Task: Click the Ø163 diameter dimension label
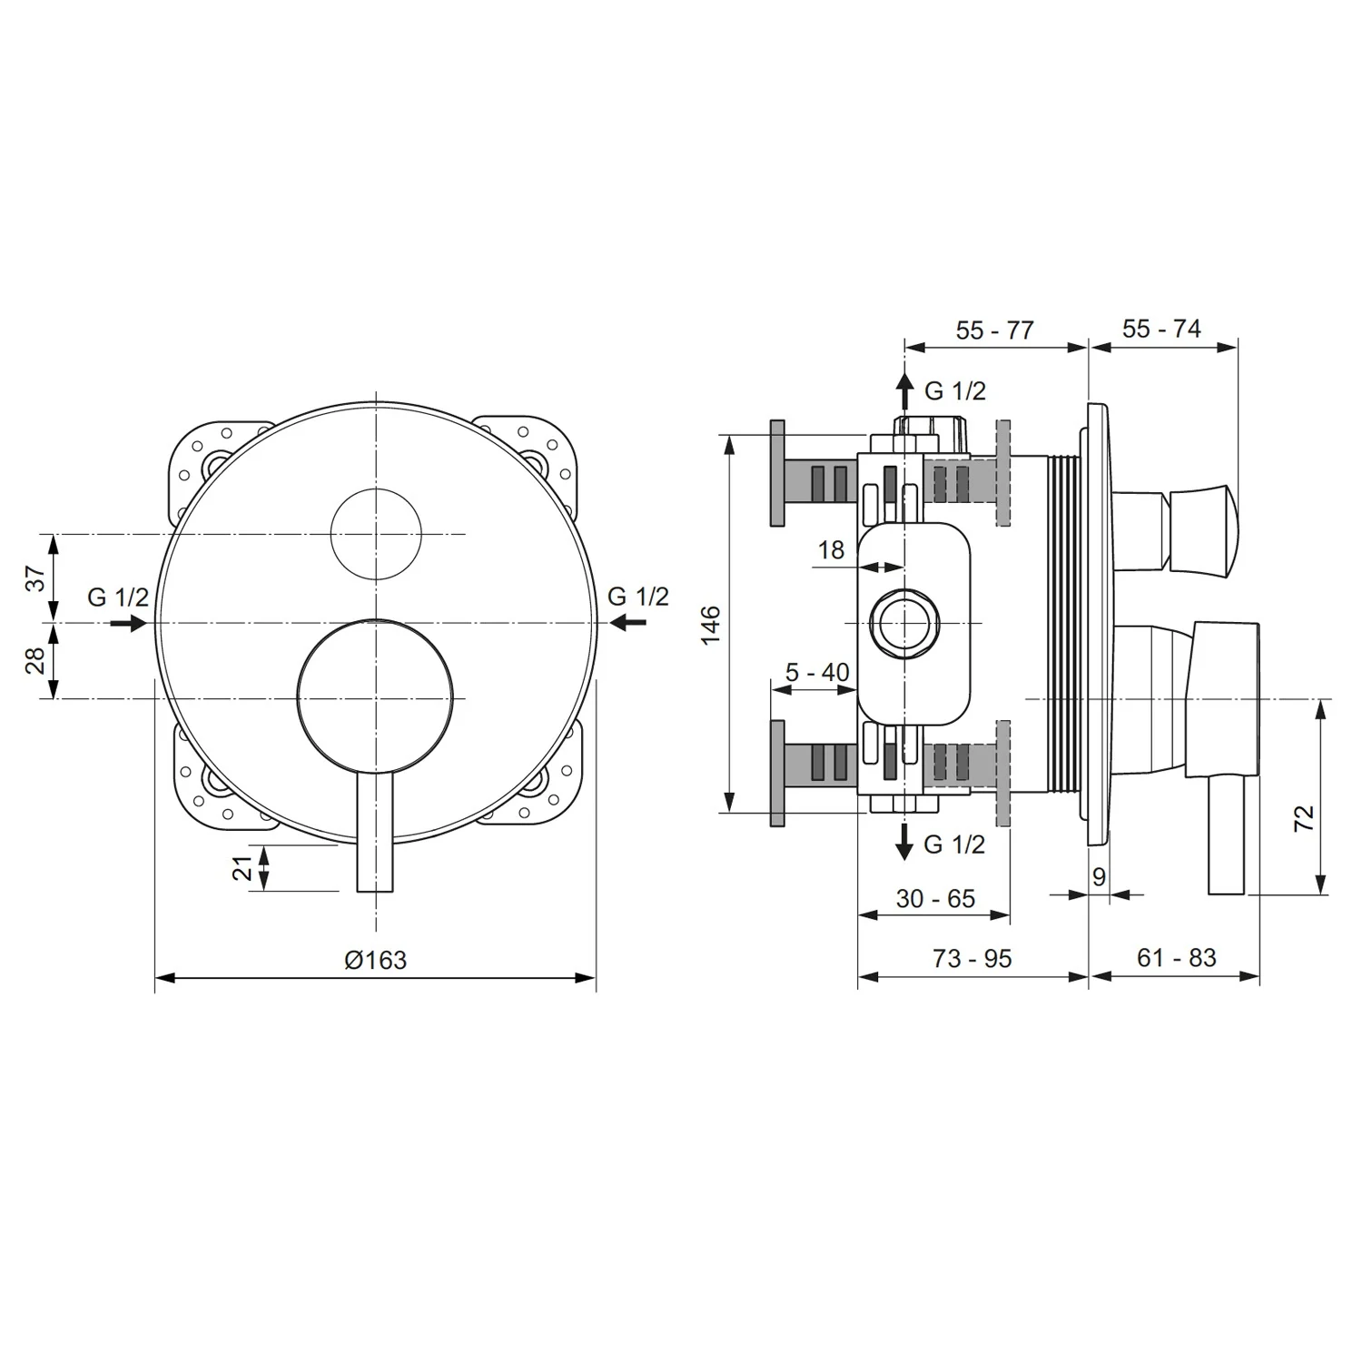[375, 960]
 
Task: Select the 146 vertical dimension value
[710, 624]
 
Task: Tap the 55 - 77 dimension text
[994, 331]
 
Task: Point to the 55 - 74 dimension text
[1161, 329]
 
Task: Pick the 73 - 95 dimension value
[972, 958]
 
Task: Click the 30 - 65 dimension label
[935, 898]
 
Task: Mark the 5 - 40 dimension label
[817, 673]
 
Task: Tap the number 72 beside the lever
[1304, 818]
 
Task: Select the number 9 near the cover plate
[1099, 877]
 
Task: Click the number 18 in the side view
[831, 549]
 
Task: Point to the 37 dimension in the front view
[35, 578]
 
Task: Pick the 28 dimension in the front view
[35, 660]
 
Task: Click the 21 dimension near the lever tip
[242, 867]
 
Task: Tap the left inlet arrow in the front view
[128, 623]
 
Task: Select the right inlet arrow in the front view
[627, 623]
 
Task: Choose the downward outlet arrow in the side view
[904, 842]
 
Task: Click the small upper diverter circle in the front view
[376, 535]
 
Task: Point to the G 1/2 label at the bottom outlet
[954, 844]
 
